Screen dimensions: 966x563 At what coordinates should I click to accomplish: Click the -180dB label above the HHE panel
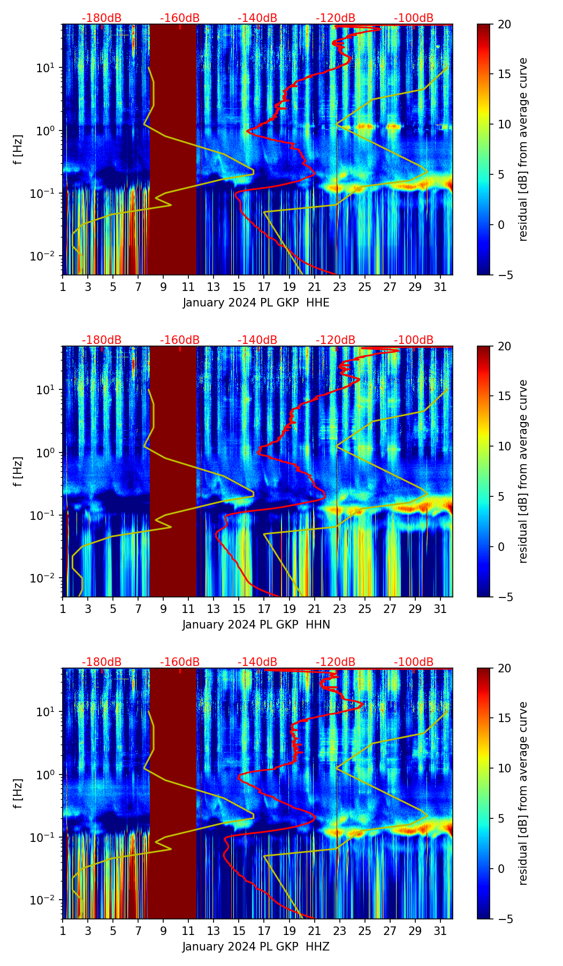pos(102,18)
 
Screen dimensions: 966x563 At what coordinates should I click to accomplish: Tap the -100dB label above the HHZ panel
pos(414,662)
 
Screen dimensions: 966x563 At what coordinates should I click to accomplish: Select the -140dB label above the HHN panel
pos(257,340)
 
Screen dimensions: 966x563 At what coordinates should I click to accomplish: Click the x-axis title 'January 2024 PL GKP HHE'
pos(256,303)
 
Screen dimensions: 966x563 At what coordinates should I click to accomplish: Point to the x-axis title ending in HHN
pos(256,625)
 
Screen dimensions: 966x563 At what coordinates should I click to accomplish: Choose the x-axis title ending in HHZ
pos(256,947)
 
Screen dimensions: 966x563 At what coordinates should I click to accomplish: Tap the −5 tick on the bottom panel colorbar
pos(501,919)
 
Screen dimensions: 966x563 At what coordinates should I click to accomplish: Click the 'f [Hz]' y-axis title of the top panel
pos(18,150)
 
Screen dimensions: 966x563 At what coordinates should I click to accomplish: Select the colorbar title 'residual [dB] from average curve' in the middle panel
pos(523,471)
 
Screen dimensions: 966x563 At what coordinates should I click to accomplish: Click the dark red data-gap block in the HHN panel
pos(173,471)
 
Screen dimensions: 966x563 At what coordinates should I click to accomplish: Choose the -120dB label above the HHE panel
pos(336,18)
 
